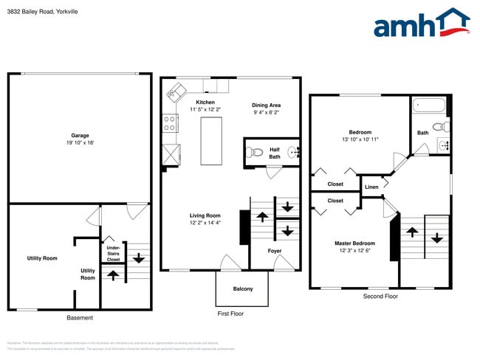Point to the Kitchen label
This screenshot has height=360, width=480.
pyautogui.click(x=205, y=102)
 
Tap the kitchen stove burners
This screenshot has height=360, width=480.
pyautogui.click(x=169, y=122)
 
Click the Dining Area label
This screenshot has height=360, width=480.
pyautogui.click(x=267, y=105)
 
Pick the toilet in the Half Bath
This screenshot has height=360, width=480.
pyautogui.click(x=254, y=153)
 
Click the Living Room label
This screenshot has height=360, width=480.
pyautogui.click(x=205, y=215)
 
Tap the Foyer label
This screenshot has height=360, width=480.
pyautogui.click(x=274, y=251)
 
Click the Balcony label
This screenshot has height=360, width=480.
pyautogui.click(x=242, y=288)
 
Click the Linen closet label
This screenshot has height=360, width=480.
pyautogui.click(x=371, y=187)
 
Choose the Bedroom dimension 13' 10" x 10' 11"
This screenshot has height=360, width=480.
pyautogui.click(x=360, y=139)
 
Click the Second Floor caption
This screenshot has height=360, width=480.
pyautogui.click(x=380, y=296)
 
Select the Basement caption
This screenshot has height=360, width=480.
pyautogui.click(x=79, y=318)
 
